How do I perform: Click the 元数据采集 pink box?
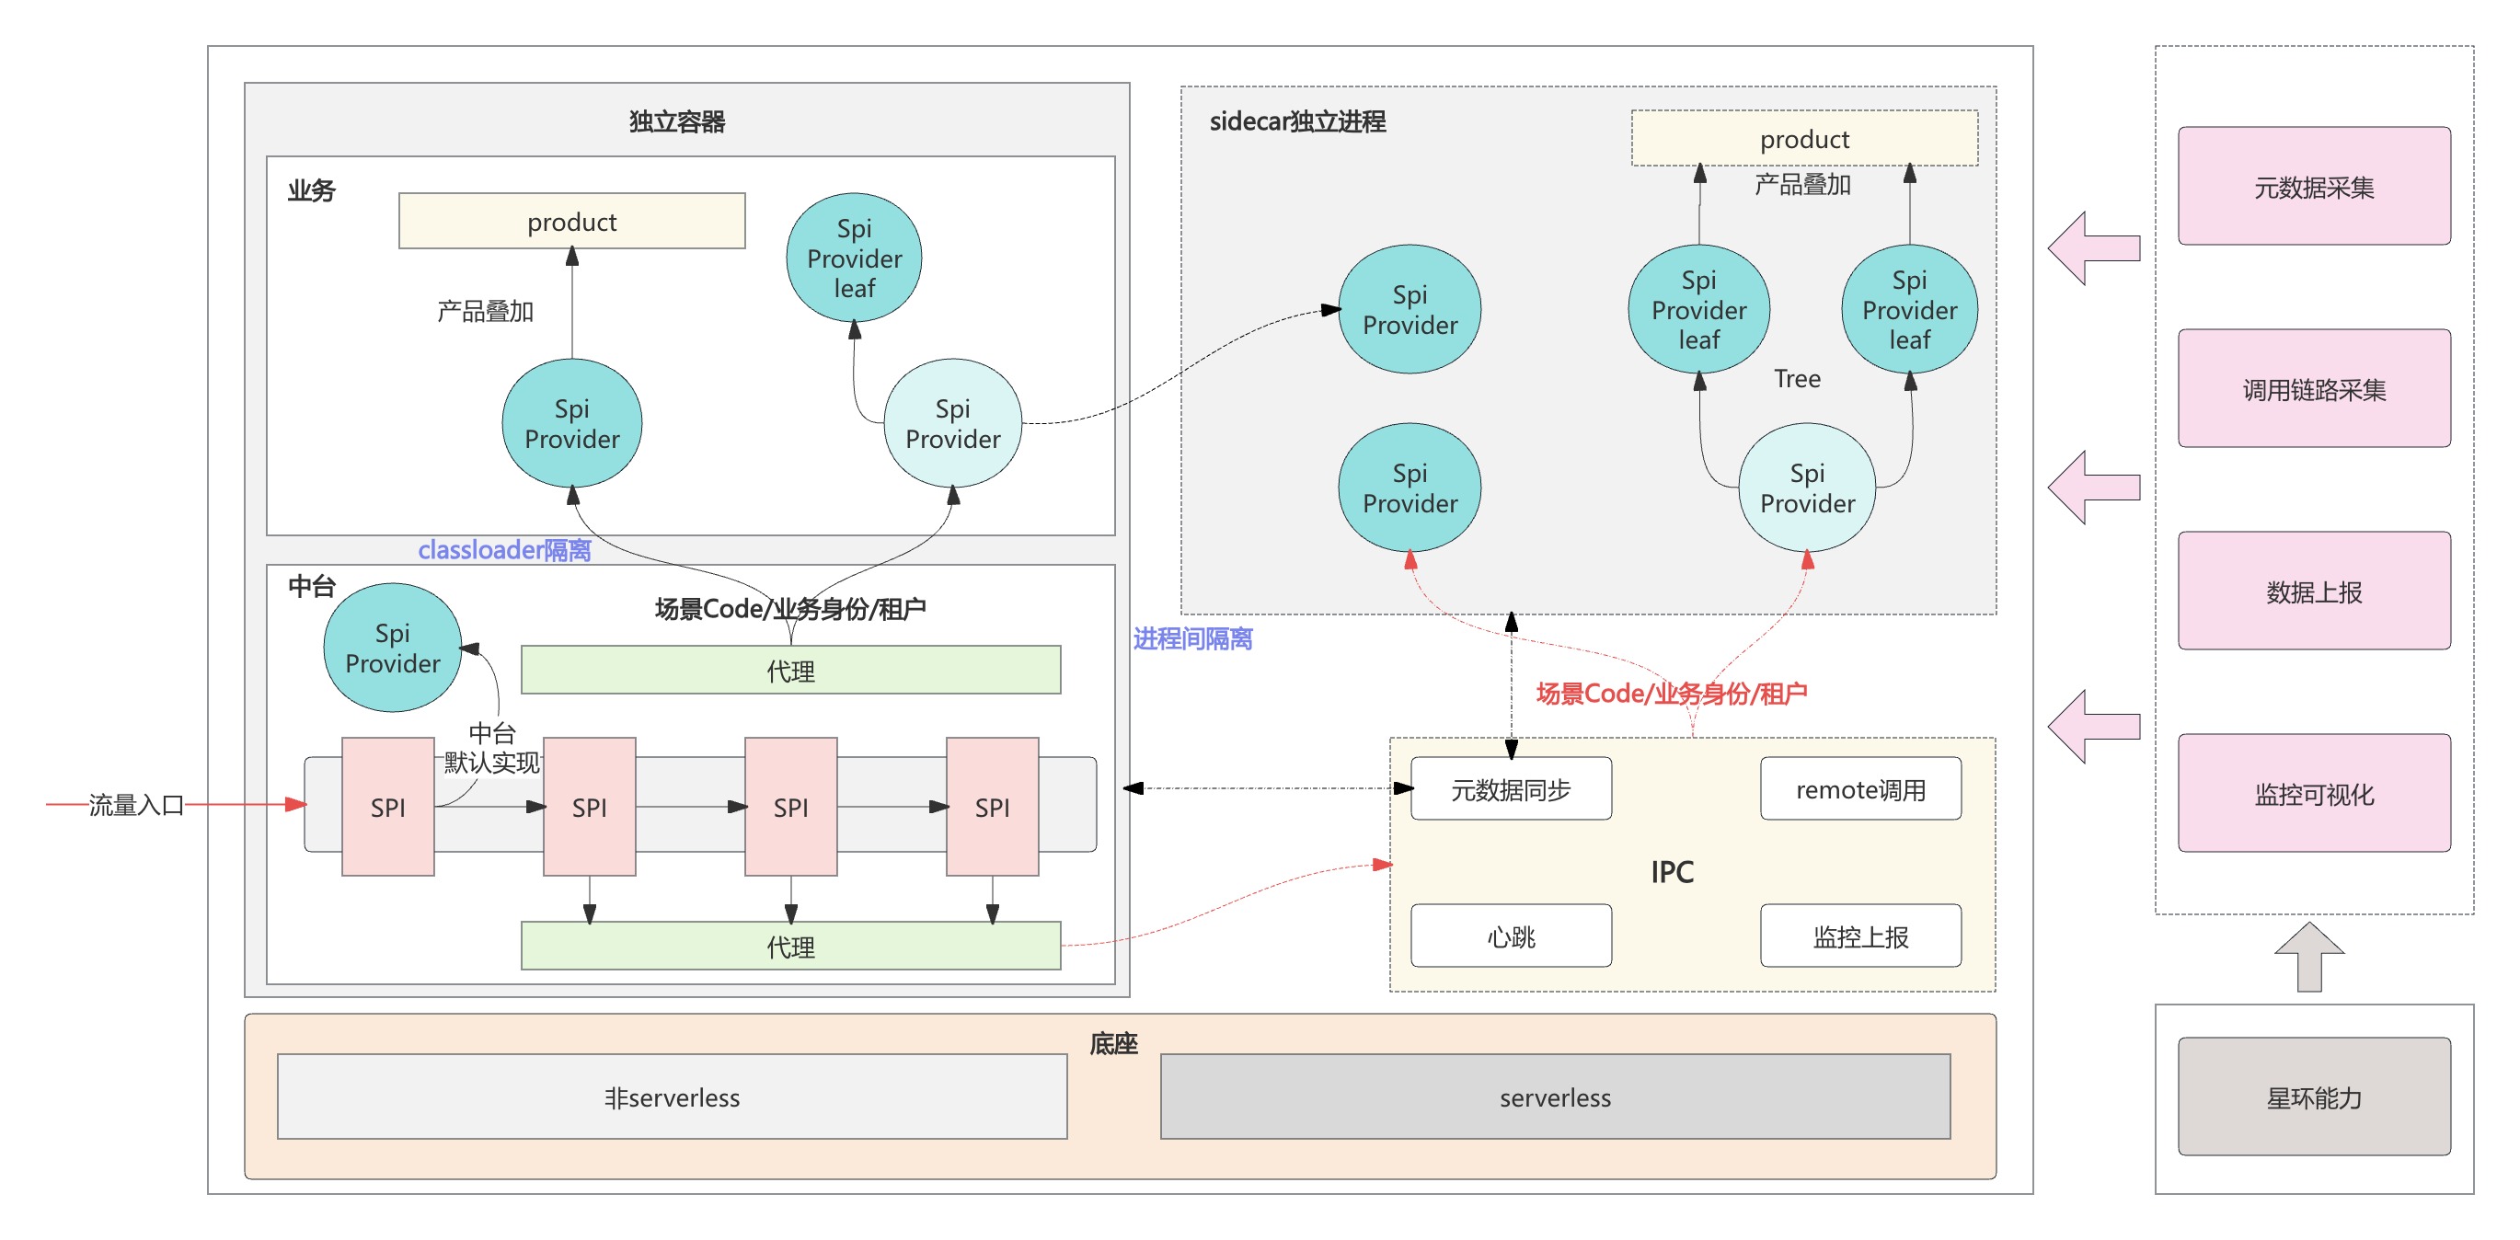pos(2314,186)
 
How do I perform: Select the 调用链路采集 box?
pos(2314,388)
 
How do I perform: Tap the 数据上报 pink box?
pos(2314,591)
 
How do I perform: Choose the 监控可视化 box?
pos(2314,793)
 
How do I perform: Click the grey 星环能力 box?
pos(2314,1096)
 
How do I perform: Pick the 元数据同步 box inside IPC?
pos(1511,788)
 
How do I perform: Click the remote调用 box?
pos(1859,788)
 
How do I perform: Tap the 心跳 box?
pos(1511,936)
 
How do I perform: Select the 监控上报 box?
pos(1859,936)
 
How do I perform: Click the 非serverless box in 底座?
pos(672,1096)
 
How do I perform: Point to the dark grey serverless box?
pos(1555,1096)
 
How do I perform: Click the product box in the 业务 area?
pos(571,221)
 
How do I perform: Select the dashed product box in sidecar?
pos(1804,138)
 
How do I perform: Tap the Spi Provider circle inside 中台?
pos(392,648)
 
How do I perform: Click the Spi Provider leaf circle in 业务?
pos(854,258)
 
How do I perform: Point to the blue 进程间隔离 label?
pos(1192,638)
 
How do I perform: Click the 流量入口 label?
pos(136,805)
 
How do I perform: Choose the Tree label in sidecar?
pos(1797,378)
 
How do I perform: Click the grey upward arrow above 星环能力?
pos(2308,957)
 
